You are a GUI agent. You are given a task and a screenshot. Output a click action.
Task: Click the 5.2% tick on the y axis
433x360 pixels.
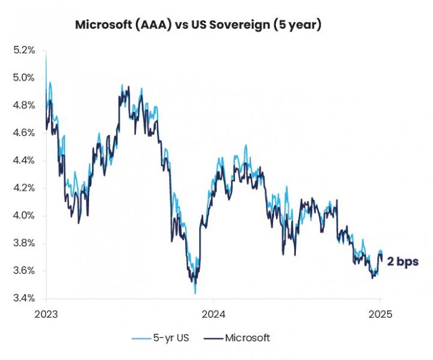click(x=24, y=50)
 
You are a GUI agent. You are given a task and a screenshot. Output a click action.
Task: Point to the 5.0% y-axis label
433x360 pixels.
click(x=24, y=78)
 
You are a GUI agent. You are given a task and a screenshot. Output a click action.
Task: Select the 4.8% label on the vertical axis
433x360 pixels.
click(x=24, y=105)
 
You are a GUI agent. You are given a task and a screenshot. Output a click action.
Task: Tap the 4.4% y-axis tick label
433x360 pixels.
click(x=24, y=161)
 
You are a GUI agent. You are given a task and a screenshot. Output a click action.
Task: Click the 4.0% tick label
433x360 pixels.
click(x=24, y=216)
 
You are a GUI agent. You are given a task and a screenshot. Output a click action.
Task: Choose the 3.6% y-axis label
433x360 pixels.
click(x=24, y=271)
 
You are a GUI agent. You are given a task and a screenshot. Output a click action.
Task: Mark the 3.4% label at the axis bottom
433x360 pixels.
click(x=24, y=299)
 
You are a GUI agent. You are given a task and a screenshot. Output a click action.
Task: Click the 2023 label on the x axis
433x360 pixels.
click(x=46, y=314)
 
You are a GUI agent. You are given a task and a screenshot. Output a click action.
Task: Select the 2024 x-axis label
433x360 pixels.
click(x=213, y=314)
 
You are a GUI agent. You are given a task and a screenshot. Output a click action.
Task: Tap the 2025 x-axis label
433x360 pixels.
click(x=380, y=314)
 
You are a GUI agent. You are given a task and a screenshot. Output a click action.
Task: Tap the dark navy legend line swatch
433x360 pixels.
click(x=215, y=338)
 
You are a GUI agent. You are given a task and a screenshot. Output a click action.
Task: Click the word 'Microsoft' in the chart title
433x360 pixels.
click(x=101, y=25)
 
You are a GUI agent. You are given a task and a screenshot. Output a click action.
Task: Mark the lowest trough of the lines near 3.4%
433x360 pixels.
click(x=195, y=293)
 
